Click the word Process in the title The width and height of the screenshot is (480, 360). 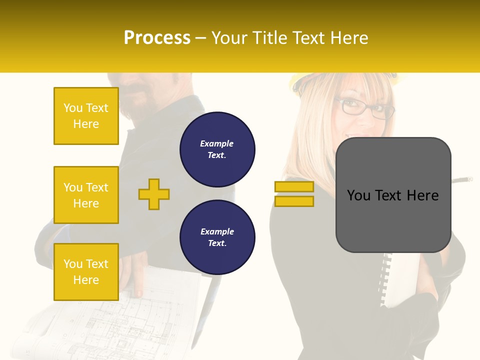coord(157,38)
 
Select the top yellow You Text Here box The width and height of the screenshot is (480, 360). coord(86,116)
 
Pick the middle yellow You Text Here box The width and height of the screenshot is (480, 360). coord(86,195)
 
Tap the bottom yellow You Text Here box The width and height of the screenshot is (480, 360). coord(86,271)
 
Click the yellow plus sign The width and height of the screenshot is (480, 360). coord(154,194)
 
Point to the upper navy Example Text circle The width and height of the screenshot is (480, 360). coord(217,149)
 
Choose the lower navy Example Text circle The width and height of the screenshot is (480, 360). coord(217,237)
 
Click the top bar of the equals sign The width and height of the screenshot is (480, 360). coord(294,186)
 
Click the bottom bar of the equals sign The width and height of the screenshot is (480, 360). coord(294,201)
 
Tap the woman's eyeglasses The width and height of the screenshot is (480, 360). coord(365,109)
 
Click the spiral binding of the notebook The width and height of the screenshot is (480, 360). coord(384,280)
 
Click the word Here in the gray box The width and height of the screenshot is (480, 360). coord(422,195)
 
